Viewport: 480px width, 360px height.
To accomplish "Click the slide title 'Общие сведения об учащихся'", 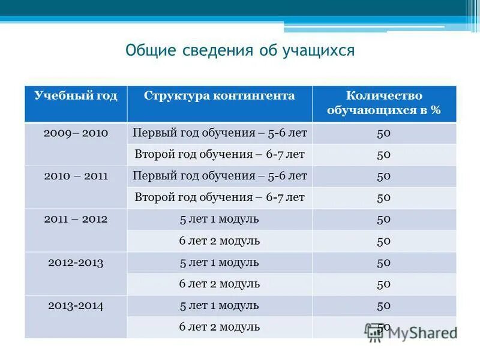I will pos(240,50).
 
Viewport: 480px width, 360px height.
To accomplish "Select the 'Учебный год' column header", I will pos(76,96).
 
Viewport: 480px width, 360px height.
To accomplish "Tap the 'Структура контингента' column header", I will pos(220,96).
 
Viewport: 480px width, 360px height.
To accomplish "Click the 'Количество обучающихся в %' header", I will pos(384,103).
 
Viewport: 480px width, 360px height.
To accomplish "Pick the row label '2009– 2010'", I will pos(76,133).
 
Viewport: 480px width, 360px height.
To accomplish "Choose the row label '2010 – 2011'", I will pos(76,176).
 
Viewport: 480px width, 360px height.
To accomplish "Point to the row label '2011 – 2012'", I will pos(76,220).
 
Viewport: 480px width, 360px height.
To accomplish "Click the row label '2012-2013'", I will pos(76,263).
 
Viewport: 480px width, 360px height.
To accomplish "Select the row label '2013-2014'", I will pos(76,306).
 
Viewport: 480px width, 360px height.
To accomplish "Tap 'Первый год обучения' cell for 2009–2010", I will pos(220,133).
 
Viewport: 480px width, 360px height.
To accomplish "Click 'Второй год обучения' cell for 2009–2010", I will pos(220,155).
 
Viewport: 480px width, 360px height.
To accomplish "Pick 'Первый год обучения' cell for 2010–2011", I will pos(220,176).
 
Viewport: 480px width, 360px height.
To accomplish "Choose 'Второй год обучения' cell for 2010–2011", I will pos(220,197).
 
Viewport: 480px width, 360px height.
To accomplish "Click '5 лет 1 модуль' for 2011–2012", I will pos(220,220).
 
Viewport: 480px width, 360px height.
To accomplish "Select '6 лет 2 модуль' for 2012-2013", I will pos(220,284).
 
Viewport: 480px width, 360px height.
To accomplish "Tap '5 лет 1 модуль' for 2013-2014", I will pos(220,306).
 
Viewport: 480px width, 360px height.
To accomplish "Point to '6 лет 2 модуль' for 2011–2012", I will pos(220,241).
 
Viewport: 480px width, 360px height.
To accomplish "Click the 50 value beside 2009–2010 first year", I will pos(384,133).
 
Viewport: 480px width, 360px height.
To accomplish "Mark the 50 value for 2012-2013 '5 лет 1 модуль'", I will pos(384,263).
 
